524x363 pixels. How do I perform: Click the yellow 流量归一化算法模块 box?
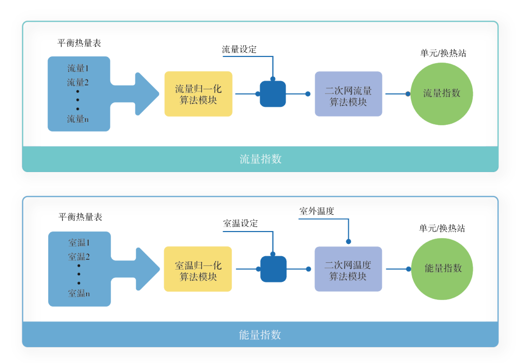198,94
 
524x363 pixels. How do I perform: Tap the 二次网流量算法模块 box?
348,94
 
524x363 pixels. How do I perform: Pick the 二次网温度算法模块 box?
348,269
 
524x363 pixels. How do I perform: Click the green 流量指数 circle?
441,93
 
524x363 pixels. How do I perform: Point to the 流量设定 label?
239,50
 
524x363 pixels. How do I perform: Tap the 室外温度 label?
317,211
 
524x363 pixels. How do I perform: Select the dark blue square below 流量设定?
273,94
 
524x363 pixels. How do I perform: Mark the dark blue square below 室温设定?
273,269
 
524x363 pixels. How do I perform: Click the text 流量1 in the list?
78,68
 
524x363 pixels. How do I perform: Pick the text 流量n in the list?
78,119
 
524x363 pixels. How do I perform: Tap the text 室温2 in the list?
79,257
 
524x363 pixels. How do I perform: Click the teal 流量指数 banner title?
260,159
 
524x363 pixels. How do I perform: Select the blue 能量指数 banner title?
260,335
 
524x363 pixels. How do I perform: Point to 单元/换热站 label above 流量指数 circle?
443,53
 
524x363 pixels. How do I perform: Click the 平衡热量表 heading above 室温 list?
80,217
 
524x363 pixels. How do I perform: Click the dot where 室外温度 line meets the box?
348,241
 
